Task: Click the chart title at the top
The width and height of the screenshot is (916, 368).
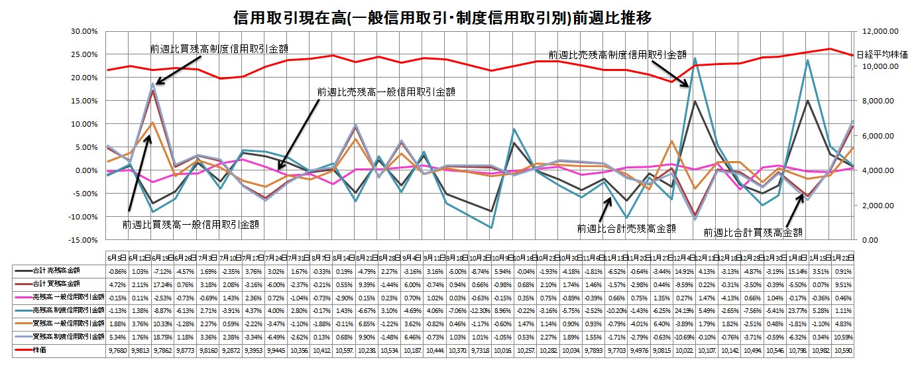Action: tap(443, 17)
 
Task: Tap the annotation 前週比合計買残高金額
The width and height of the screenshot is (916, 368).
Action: tap(754, 232)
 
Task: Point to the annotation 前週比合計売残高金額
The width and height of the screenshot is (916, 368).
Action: tap(627, 228)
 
